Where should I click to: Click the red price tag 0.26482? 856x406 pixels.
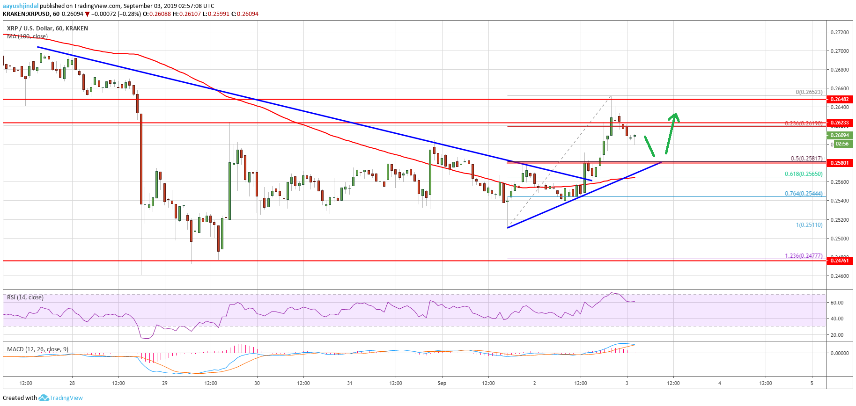[839, 99]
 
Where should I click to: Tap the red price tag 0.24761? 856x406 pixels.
[839, 261]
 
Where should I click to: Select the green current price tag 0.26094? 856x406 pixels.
[839, 135]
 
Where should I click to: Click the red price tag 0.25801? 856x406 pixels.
[839, 163]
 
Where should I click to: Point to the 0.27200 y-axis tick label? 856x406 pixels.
[839, 32]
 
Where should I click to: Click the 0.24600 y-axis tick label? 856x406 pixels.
[839, 276]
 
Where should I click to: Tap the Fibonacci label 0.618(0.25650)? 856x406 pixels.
[804, 174]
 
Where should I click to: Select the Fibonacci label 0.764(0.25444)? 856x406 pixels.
[804, 194]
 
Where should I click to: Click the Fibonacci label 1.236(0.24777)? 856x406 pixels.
[804, 256]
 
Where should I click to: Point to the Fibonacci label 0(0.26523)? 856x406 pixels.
[809, 92]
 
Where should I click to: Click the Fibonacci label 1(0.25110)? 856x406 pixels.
[809, 225]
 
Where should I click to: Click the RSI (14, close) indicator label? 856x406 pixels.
[25, 297]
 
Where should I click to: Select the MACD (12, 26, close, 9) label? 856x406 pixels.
[38, 349]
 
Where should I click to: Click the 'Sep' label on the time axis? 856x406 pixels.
[442, 383]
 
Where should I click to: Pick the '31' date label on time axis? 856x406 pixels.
[350, 383]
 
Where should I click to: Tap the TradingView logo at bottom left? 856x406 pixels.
[61, 398]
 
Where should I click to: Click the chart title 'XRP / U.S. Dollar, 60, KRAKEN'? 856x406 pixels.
[47, 29]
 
